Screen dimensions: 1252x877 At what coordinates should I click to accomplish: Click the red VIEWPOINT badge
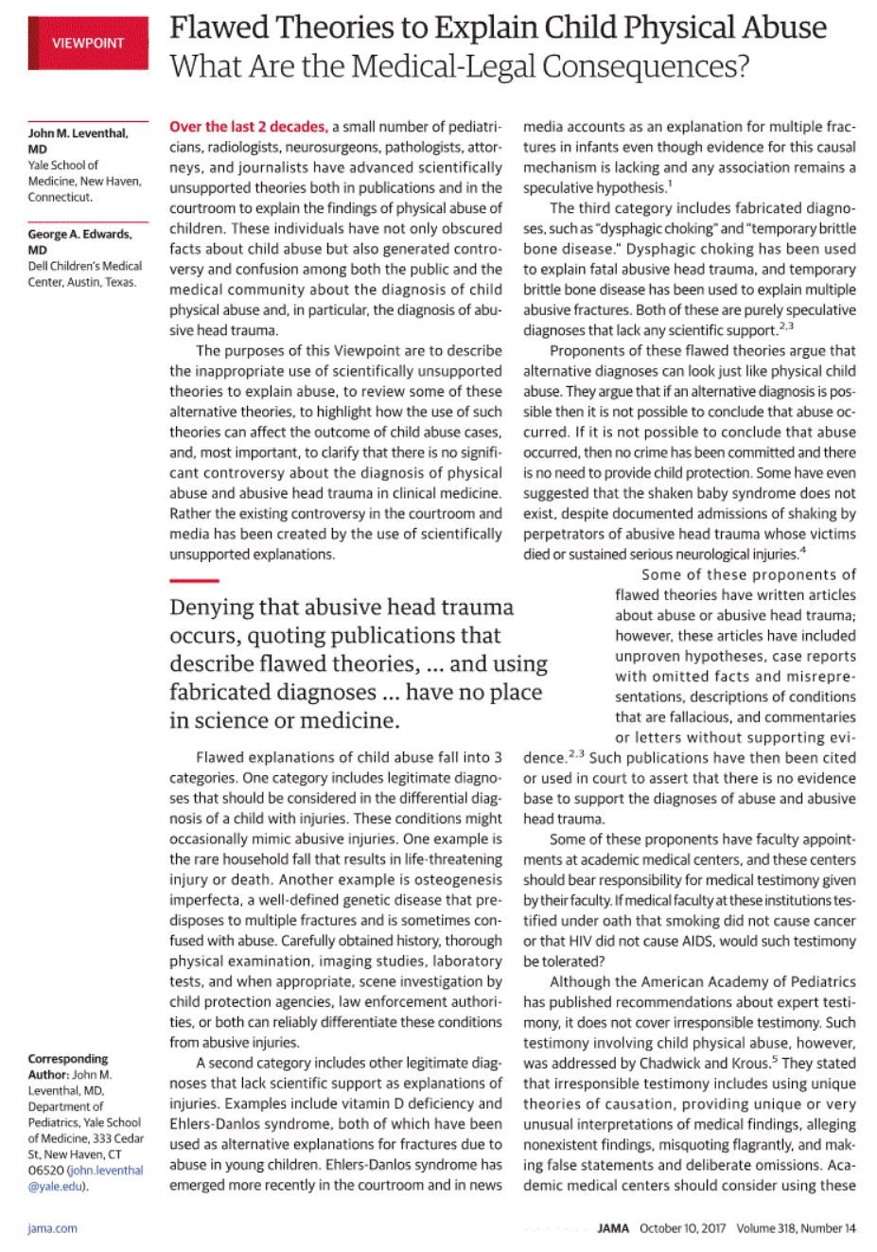coord(87,43)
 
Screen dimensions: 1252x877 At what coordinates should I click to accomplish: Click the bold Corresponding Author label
coord(67,1058)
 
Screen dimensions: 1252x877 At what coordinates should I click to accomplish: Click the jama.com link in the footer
coord(53,1228)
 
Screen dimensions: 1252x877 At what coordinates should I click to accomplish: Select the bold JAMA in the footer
coord(614,1228)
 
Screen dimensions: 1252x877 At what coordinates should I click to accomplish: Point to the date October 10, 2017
coord(683,1228)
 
